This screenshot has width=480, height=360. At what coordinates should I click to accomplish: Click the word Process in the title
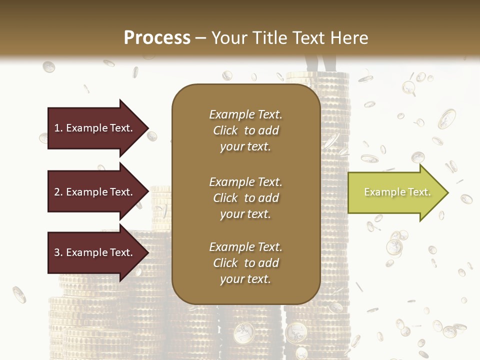click(157, 38)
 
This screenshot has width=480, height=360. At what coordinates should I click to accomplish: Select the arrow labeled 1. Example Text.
click(95, 128)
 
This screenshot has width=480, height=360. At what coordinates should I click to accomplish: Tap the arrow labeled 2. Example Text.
click(95, 192)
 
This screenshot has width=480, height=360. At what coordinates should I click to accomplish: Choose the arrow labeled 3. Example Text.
click(95, 252)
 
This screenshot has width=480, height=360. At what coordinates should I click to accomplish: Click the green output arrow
click(395, 192)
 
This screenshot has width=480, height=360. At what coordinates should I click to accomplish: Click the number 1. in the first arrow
click(58, 128)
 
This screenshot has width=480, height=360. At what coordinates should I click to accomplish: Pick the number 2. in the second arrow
click(58, 192)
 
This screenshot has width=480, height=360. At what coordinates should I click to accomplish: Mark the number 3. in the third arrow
click(58, 252)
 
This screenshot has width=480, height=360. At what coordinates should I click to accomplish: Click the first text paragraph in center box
click(245, 130)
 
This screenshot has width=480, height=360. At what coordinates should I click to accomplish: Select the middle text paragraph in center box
click(245, 197)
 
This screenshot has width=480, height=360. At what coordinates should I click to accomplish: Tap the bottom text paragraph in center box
click(245, 263)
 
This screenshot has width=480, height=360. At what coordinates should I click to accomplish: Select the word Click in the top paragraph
click(225, 130)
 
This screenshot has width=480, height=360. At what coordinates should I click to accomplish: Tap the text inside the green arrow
click(397, 192)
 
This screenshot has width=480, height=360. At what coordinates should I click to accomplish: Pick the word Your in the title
click(229, 38)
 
